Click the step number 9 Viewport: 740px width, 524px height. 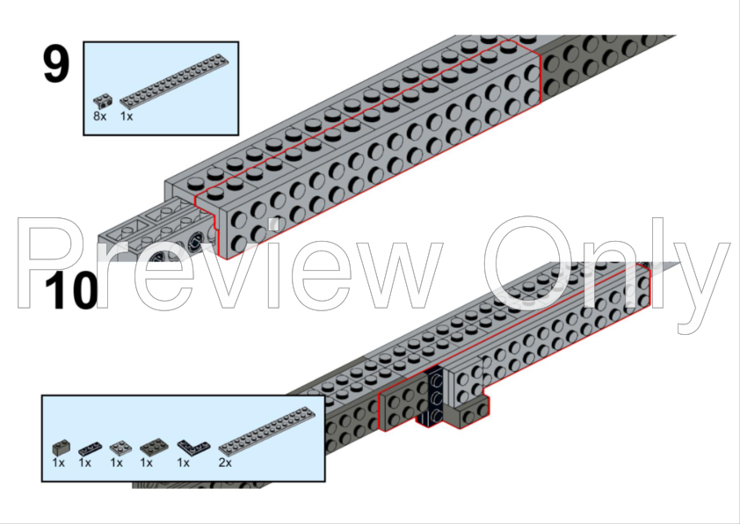(56, 64)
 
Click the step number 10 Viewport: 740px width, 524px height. (72, 290)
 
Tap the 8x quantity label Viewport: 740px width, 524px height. (99, 116)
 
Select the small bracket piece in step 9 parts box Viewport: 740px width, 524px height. (103, 101)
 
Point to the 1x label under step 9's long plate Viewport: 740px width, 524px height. (127, 116)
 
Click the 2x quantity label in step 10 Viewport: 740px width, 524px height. (225, 462)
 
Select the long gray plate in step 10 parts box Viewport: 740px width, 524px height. (266, 431)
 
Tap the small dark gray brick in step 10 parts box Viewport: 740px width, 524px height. (62, 447)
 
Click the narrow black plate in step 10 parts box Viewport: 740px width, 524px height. (91, 448)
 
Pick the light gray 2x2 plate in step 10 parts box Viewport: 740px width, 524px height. (120, 448)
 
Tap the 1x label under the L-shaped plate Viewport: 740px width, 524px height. (183, 462)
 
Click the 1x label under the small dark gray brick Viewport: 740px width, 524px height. (59, 462)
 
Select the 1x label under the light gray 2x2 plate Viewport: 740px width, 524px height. (117, 462)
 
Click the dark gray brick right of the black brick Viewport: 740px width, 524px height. (469, 414)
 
